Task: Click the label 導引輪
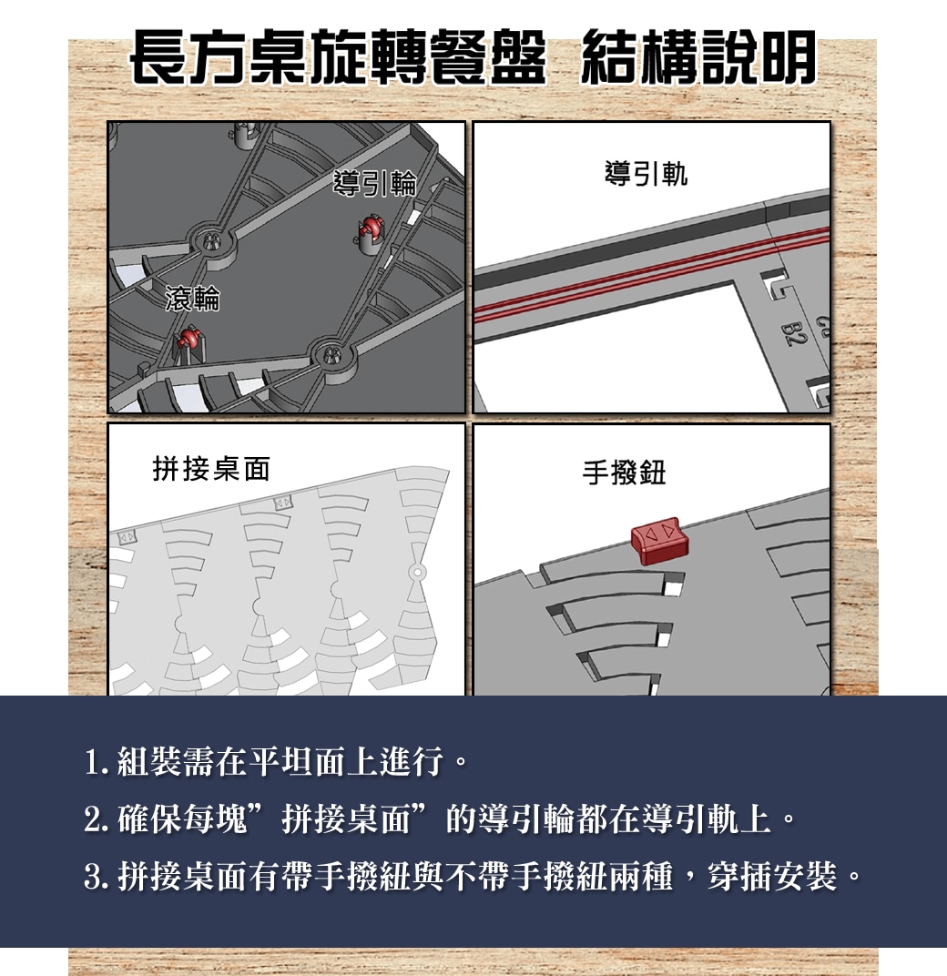(375, 183)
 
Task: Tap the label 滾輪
(192, 299)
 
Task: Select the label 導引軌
(646, 173)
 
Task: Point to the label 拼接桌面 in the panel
(211, 469)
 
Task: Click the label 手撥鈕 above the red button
(624, 473)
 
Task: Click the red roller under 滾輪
(188, 340)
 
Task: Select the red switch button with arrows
(660, 540)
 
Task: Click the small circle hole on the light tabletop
(417, 572)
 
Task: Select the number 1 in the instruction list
(93, 763)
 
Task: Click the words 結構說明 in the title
(698, 57)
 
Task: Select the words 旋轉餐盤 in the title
(428, 57)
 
